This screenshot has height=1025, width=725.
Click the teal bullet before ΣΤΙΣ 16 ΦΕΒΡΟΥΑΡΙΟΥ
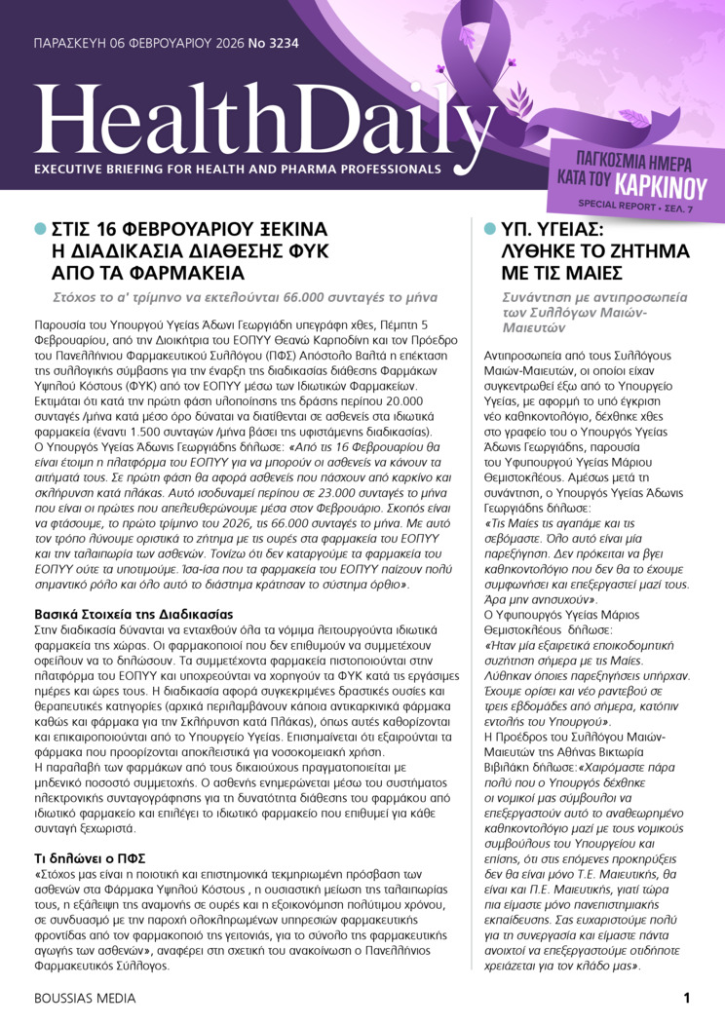[x=40, y=228]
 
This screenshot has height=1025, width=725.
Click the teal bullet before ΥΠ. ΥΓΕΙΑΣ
[x=490, y=228]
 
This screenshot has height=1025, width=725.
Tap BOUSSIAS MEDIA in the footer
[x=85, y=998]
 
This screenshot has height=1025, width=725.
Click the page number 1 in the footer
[x=686, y=997]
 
